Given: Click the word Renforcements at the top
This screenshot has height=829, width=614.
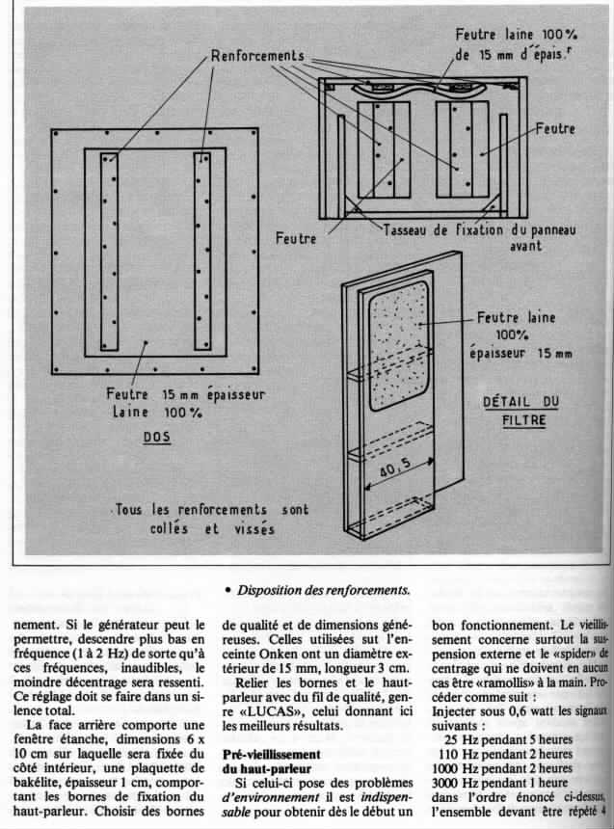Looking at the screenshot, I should pos(254,55).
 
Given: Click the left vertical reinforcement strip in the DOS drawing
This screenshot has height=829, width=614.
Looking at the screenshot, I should pos(109,251).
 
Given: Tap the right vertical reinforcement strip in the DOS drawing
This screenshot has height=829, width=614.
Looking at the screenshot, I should pos(202,251).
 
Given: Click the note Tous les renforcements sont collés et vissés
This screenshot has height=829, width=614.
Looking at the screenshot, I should pos(206,519).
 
